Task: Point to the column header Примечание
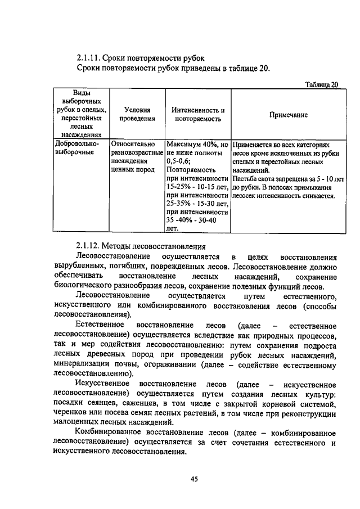click(288, 114)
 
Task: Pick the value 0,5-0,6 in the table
click(178, 160)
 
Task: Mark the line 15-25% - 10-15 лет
click(197, 186)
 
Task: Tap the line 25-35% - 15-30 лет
click(197, 203)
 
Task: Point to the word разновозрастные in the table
click(137, 152)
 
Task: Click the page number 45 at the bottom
click(194, 479)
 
